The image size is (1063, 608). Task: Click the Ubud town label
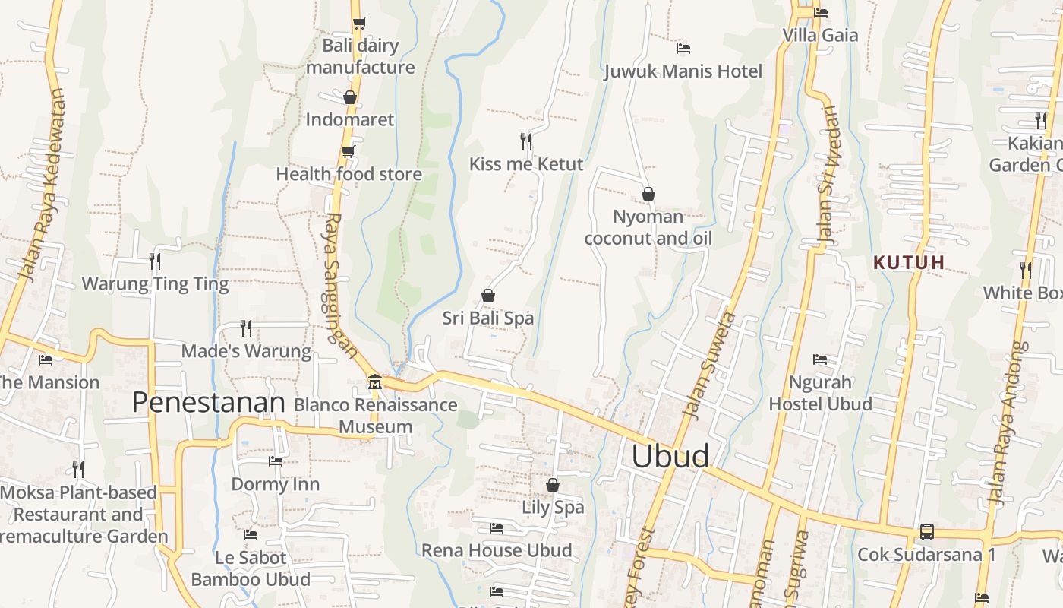(670, 456)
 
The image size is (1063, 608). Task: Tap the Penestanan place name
(209, 403)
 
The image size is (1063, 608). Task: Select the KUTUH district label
(909, 263)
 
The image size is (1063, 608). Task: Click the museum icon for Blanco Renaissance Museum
(374, 382)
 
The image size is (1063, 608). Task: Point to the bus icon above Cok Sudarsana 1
(926, 532)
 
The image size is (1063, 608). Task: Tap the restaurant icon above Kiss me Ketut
(525, 141)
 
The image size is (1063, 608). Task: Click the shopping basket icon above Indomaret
(350, 97)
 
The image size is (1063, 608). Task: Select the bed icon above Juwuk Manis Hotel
(683, 49)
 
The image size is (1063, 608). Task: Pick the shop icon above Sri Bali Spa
(488, 295)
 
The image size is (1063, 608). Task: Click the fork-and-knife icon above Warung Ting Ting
(155, 261)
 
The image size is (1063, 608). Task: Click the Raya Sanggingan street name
(339, 285)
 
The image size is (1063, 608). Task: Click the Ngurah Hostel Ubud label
(820, 393)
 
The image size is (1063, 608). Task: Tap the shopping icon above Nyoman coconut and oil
(648, 194)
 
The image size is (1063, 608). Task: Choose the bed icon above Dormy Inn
(276, 461)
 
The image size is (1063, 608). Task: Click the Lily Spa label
(553, 507)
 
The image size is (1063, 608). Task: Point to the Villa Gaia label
(820, 35)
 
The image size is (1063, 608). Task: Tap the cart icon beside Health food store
(348, 152)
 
